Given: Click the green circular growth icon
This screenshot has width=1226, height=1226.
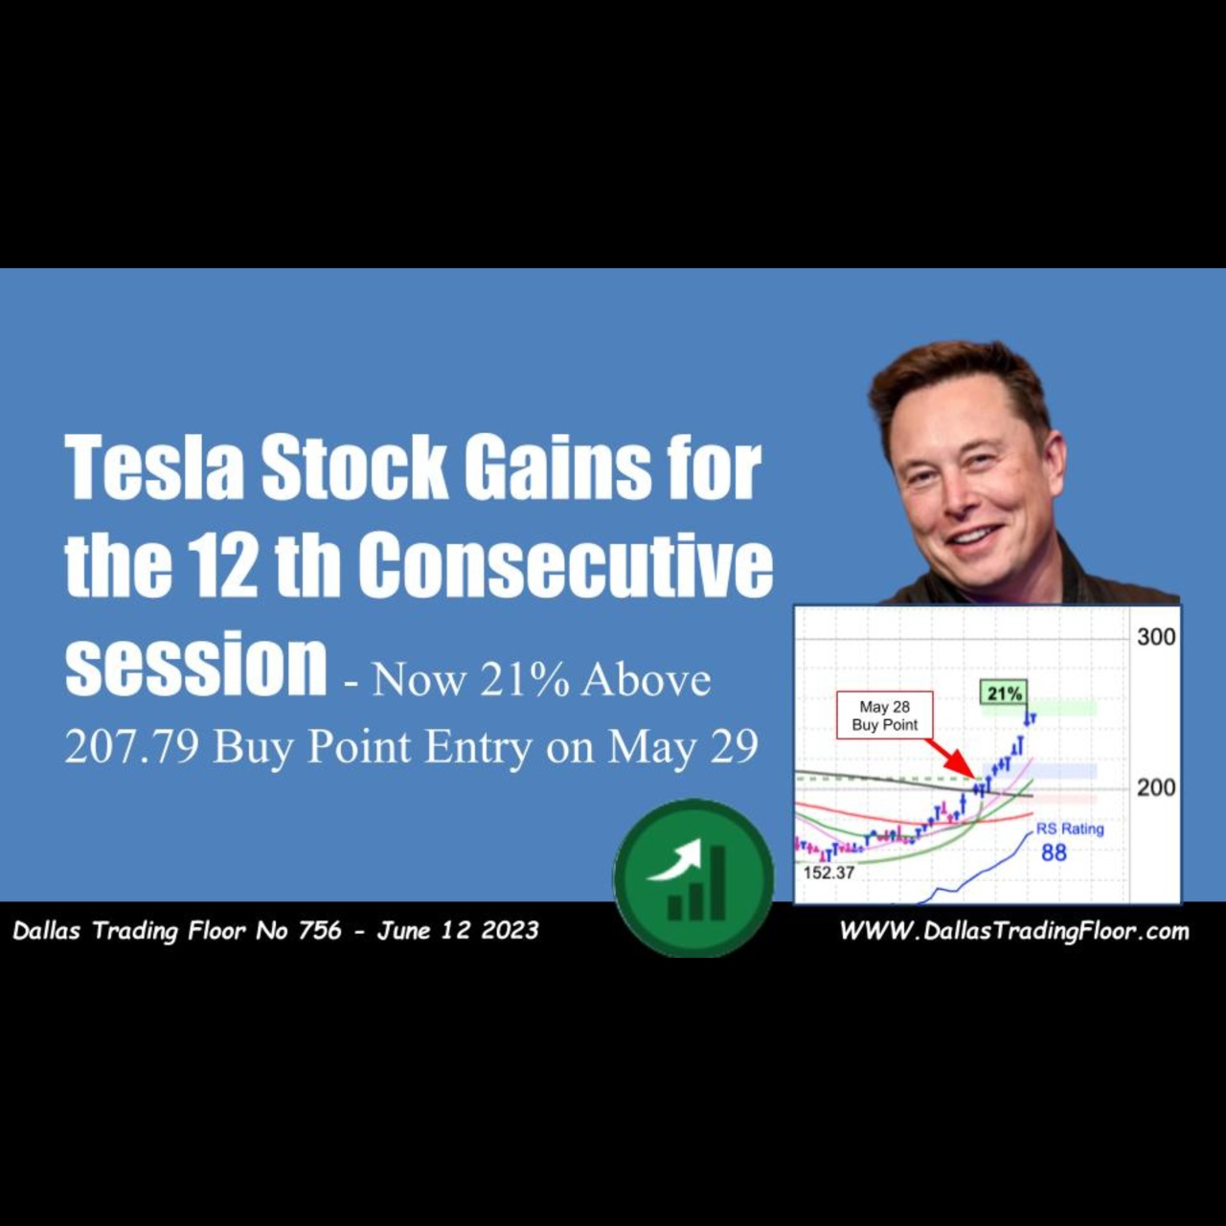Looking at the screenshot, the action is pyautogui.click(x=693, y=878).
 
